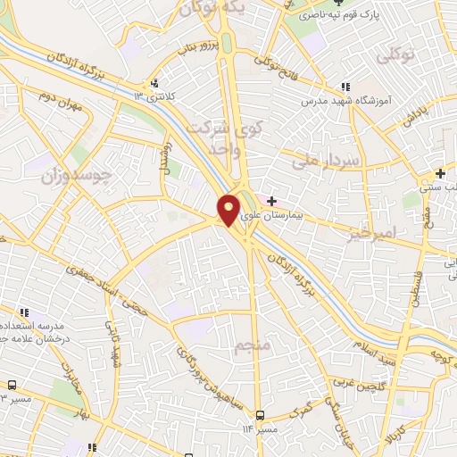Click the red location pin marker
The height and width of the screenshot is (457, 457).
click(x=228, y=210)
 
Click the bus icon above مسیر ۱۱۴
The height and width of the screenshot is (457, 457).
click(x=260, y=415)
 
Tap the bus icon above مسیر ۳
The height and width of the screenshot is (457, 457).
click(x=11, y=385)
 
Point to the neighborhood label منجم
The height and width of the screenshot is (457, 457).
click(x=252, y=343)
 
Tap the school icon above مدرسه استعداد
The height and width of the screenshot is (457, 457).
click(x=26, y=312)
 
